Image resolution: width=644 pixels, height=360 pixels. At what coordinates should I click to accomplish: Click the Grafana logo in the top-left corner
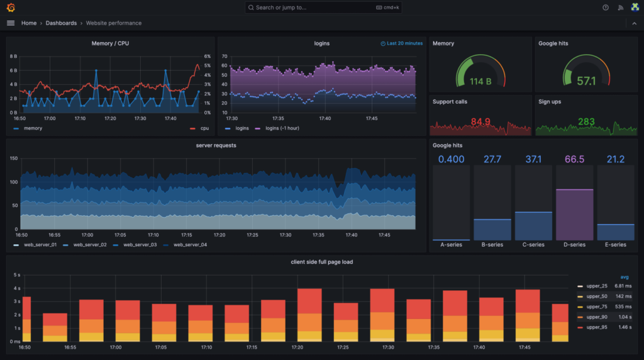pyautogui.click(x=11, y=8)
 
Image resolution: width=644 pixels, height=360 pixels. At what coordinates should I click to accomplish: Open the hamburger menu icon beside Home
pyautogui.click(x=11, y=23)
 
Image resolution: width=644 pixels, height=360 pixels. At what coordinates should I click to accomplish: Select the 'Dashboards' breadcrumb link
pyautogui.click(x=61, y=23)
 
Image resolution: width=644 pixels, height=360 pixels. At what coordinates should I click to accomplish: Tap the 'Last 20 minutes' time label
pyautogui.click(x=404, y=43)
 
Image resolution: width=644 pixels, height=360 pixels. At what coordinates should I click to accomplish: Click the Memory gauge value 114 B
pyautogui.click(x=480, y=81)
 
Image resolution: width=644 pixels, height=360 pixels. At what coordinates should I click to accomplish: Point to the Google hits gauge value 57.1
pyautogui.click(x=586, y=81)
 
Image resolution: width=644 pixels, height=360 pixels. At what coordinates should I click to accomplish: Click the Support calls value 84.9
pyautogui.click(x=480, y=121)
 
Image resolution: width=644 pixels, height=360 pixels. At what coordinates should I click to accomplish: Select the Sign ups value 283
pyautogui.click(x=586, y=121)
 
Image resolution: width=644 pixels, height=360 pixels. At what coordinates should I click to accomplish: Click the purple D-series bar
pyautogui.click(x=574, y=214)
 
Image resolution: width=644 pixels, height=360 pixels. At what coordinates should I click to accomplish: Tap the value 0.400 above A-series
pyautogui.click(x=451, y=159)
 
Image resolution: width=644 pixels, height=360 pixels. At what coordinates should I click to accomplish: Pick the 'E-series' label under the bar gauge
pyautogui.click(x=615, y=245)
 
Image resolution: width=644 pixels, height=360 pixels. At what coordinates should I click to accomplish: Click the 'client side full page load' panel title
pyautogui.click(x=321, y=262)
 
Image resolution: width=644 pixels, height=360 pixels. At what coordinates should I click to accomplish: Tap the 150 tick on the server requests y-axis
pyautogui.click(x=13, y=159)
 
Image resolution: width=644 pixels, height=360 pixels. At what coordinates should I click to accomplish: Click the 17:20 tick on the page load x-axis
pyautogui.click(x=297, y=347)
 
